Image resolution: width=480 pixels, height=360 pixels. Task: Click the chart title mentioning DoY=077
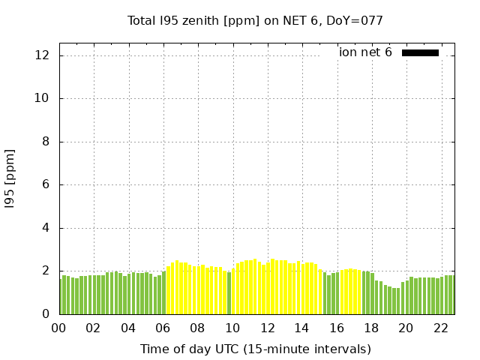pos(255,21)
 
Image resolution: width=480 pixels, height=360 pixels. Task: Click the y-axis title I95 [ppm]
pos(10,178)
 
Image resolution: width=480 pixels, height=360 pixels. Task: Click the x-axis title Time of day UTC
pos(255,349)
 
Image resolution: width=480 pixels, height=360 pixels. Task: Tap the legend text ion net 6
pos(365,52)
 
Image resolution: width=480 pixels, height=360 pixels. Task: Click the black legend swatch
pos(420,52)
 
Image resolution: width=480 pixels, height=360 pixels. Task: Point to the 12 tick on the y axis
pos(43,55)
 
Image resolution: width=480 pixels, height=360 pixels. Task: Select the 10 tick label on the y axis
pos(43,98)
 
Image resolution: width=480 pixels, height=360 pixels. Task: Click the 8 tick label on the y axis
pos(46,142)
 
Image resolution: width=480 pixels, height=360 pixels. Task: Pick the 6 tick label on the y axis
pos(46,184)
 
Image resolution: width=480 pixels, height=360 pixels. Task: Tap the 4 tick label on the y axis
pos(46,228)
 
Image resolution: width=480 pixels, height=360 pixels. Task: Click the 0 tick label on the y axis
pos(46,314)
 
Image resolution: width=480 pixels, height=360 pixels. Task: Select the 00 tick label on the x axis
pos(59,328)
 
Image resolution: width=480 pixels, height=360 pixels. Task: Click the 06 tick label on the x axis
pos(163,328)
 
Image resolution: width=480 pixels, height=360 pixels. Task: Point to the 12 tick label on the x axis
pos(267,328)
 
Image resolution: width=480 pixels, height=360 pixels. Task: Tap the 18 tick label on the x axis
pos(371,328)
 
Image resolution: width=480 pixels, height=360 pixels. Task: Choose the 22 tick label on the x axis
pos(440,328)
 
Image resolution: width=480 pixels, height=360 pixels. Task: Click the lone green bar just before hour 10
pos(229,293)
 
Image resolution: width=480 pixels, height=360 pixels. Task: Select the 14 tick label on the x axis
pos(301,328)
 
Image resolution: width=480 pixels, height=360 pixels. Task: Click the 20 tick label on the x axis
pos(406,328)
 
